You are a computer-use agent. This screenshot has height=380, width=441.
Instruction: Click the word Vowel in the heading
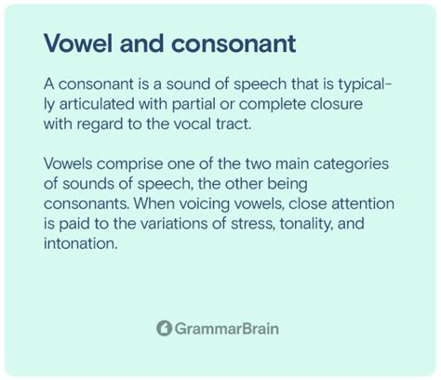(x=78, y=43)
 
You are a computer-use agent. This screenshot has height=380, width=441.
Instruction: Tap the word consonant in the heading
(x=234, y=44)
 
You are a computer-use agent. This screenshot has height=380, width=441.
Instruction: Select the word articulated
(x=97, y=104)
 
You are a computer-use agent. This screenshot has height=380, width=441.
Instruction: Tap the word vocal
(x=192, y=124)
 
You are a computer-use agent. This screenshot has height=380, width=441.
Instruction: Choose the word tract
(x=233, y=124)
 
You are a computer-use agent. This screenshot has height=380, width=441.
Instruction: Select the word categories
(x=351, y=164)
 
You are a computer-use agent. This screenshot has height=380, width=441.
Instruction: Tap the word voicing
(x=205, y=204)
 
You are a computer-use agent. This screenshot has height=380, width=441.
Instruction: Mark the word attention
(x=363, y=203)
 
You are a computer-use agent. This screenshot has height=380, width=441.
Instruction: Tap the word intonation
(x=81, y=243)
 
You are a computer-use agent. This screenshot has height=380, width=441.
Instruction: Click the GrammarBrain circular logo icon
(x=164, y=328)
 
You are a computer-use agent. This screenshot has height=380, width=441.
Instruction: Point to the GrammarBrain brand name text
(x=226, y=329)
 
